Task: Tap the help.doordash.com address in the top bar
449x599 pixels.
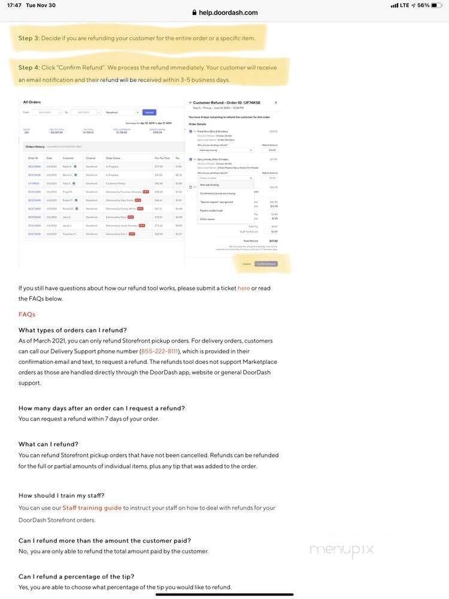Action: point(228,13)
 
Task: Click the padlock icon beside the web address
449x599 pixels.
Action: point(195,13)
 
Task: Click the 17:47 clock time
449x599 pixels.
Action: point(14,5)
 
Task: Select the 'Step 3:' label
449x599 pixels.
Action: point(29,38)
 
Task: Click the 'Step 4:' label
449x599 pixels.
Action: point(29,68)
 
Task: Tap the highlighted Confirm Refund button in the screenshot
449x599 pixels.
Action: point(266,264)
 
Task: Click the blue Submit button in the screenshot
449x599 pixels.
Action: point(149,112)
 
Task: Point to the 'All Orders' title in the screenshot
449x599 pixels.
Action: point(32,102)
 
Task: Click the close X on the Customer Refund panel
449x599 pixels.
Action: point(275,102)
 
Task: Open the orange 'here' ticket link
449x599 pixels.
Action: point(244,288)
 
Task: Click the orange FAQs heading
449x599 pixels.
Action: point(27,314)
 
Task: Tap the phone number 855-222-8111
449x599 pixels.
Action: point(160,352)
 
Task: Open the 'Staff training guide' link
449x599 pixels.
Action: point(92,508)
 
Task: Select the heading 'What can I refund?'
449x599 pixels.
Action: point(48,444)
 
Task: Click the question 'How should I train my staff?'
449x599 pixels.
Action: point(62,495)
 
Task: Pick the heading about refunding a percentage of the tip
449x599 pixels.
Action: point(77,577)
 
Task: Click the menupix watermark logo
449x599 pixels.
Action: point(341,549)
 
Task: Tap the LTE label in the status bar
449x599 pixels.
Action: point(405,5)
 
